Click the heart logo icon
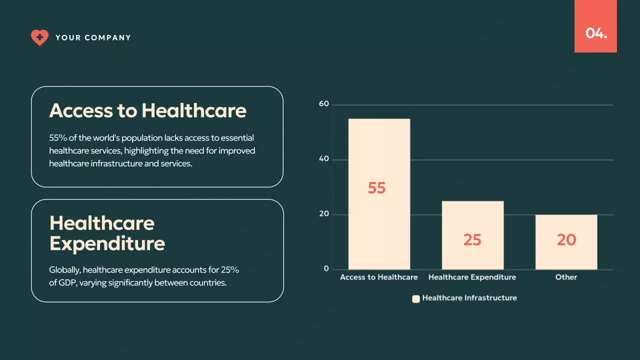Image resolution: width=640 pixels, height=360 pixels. coord(39,37)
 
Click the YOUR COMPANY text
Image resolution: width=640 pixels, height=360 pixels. coord(93,38)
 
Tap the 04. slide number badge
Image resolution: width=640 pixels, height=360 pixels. coord(596,33)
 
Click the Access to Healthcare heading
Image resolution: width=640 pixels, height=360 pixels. coord(147,110)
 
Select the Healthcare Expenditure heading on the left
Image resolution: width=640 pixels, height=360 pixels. coord(107,233)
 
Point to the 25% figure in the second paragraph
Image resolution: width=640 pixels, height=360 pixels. coord(230,270)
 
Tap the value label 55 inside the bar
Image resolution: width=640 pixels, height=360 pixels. coord(376,188)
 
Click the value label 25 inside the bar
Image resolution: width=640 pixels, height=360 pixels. coord(472,240)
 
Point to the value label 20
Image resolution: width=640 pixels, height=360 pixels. coord(566,240)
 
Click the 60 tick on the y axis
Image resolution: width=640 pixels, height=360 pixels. coord(324,104)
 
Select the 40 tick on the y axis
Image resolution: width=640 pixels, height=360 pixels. coord(324,159)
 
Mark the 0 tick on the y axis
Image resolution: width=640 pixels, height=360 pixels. coord(326,269)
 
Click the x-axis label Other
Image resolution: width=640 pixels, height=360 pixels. coord(566,277)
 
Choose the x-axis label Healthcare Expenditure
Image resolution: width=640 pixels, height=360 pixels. coord(472,277)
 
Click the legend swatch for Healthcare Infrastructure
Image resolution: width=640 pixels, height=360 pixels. coord(415,299)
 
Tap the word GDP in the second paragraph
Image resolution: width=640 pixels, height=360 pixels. coord(65,283)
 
